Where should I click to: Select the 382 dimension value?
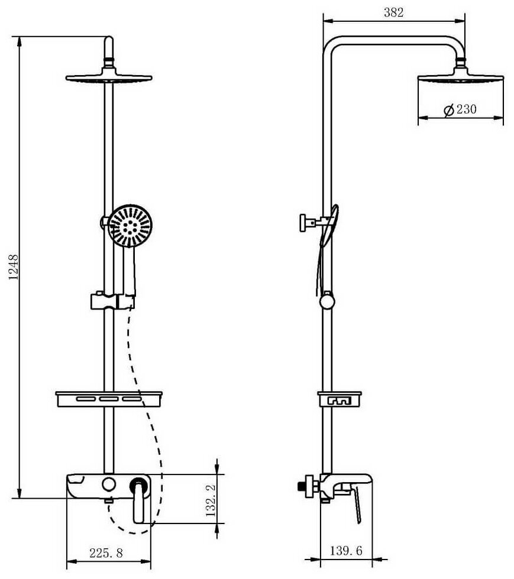(393, 13)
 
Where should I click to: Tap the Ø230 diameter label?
(460, 110)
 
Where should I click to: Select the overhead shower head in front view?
(109, 77)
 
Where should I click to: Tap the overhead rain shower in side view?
(461, 79)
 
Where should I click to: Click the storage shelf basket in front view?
(109, 399)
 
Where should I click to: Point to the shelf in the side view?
(340, 400)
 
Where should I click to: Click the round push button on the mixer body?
(108, 485)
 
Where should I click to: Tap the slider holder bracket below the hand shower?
(112, 301)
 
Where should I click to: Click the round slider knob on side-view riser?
(326, 302)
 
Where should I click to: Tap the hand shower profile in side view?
(329, 227)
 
